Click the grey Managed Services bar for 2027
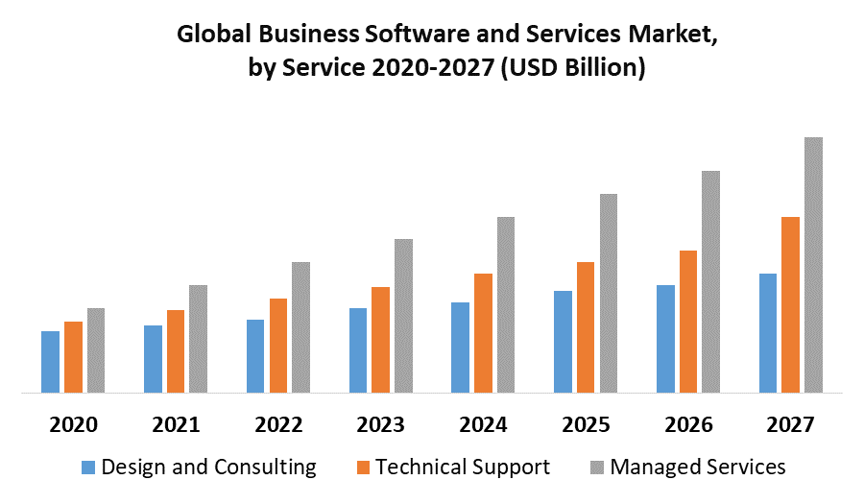coord(813,265)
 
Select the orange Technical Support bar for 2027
coord(790,304)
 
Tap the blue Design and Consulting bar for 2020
coord(50,362)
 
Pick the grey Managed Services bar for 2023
coord(403,316)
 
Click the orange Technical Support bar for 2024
coord(483,333)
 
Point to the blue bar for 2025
coord(563,342)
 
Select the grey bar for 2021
coord(198,339)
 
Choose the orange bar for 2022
coord(278,346)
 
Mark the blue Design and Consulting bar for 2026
coord(665,339)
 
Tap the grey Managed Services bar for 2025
coord(609,293)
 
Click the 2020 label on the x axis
coord(73,424)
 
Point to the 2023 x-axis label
coord(380,424)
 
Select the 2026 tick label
coord(688,424)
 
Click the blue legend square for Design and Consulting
coord(88,468)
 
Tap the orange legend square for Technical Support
coord(363,468)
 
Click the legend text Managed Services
coord(698,468)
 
